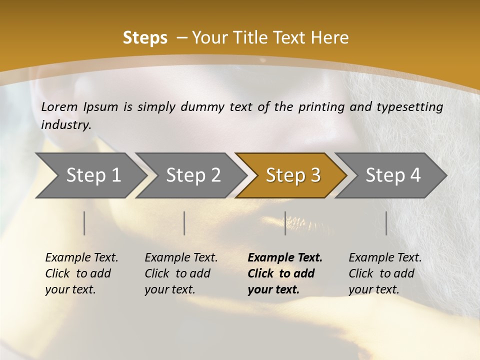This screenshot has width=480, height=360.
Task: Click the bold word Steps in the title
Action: [145, 37]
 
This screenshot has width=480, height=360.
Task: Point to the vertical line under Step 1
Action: [84, 223]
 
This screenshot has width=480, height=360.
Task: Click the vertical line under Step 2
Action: [184, 223]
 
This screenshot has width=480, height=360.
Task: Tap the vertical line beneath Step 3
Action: [285, 223]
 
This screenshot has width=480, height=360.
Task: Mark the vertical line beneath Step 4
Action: [386, 223]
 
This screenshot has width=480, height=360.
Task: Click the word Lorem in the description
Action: [59, 106]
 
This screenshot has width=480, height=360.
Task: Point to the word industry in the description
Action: [66, 125]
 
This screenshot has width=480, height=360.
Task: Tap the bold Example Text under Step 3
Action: [285, 257]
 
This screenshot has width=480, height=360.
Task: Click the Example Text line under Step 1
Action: [81, 257]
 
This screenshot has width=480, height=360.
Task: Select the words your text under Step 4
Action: [373, 289]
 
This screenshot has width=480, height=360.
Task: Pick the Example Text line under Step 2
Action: [181, 257]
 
